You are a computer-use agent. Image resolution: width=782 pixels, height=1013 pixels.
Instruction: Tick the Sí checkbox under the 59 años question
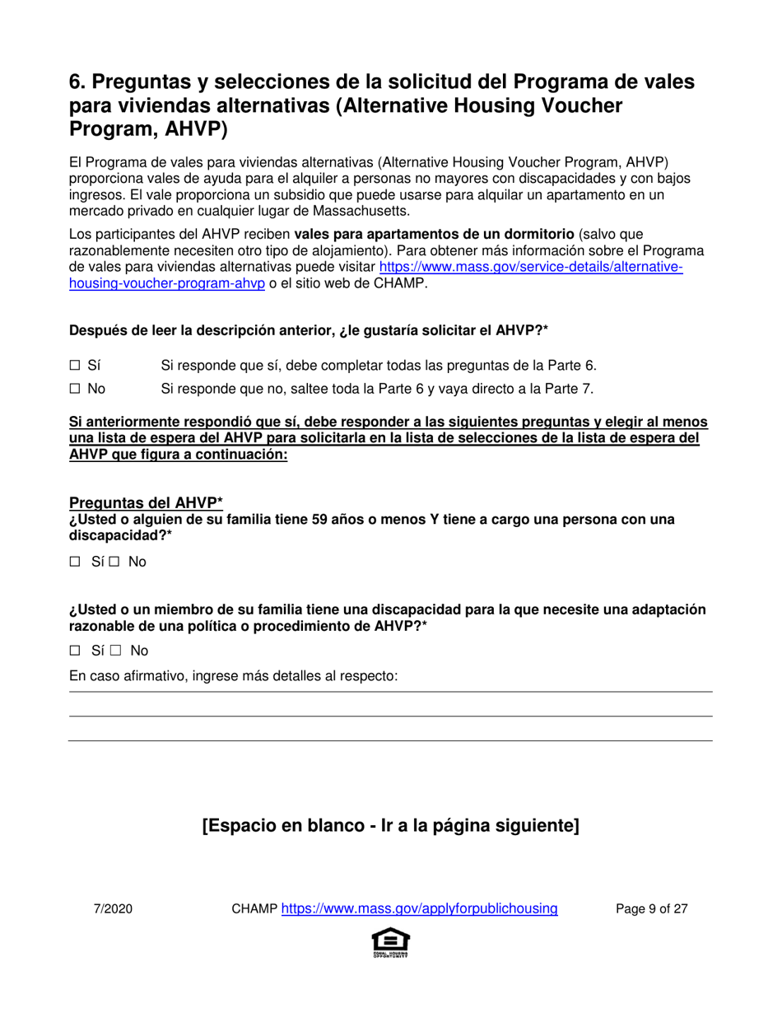click(x=75, y=562)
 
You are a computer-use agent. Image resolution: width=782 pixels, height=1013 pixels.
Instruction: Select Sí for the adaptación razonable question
click(x=75, y=651)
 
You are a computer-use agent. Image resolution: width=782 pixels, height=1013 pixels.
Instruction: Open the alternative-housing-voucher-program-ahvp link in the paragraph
click(x=530, y=268)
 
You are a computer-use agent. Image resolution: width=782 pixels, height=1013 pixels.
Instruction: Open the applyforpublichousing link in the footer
click(x=420, y=909)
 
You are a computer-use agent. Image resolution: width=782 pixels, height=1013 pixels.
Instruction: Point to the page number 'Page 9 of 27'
click(x=652, y=909)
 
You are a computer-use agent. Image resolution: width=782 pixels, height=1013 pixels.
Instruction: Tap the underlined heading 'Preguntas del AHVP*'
click(x=147, y=503)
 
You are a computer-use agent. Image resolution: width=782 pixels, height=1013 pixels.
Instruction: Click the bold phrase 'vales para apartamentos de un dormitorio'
click(x=435, y=236)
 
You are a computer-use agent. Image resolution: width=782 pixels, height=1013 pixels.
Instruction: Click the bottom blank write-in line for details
click(x=390, y=740)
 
